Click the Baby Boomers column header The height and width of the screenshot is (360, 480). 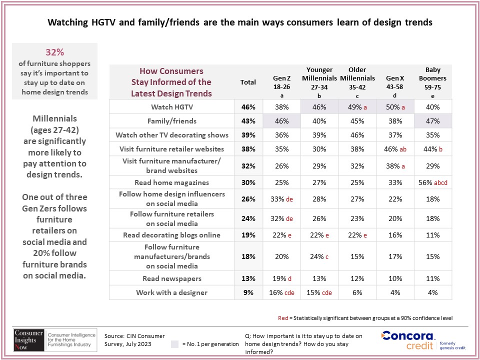pyautogui.click(x=433, y=82)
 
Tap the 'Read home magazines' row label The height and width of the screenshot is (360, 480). pyautogui.click(x=171, y=183)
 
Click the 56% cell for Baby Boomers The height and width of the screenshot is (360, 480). pyautogui.click(x=433, y=183)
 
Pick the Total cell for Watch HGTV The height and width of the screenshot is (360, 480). pyautogui.click(x=248, y=107)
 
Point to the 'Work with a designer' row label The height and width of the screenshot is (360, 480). pyautogui.click(x=171, y=292)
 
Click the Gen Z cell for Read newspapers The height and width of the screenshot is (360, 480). pyautogui.click(x=281, y=278)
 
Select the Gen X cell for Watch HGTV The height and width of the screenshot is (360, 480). pyautogui.click(x=394, y=107)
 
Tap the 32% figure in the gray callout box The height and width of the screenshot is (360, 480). pyautogui.click(x=55, y=52)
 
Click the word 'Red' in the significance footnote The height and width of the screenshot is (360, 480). pyautogui.click(x=283, y=318)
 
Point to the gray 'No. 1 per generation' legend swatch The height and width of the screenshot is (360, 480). pyautogui.click(x=174, y=344)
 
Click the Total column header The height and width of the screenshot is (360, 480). pyautogui.click(x=248, y=82)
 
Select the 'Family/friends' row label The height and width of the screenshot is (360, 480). pyautogui.click(x=171, y=121)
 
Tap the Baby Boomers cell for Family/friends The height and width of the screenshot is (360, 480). pyautogui.click(x=433, y=121)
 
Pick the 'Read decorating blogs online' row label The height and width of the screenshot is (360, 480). pyautogui.click(x=171, y=235)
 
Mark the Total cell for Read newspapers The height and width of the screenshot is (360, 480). pyautogui.click(x=248, y=278)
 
